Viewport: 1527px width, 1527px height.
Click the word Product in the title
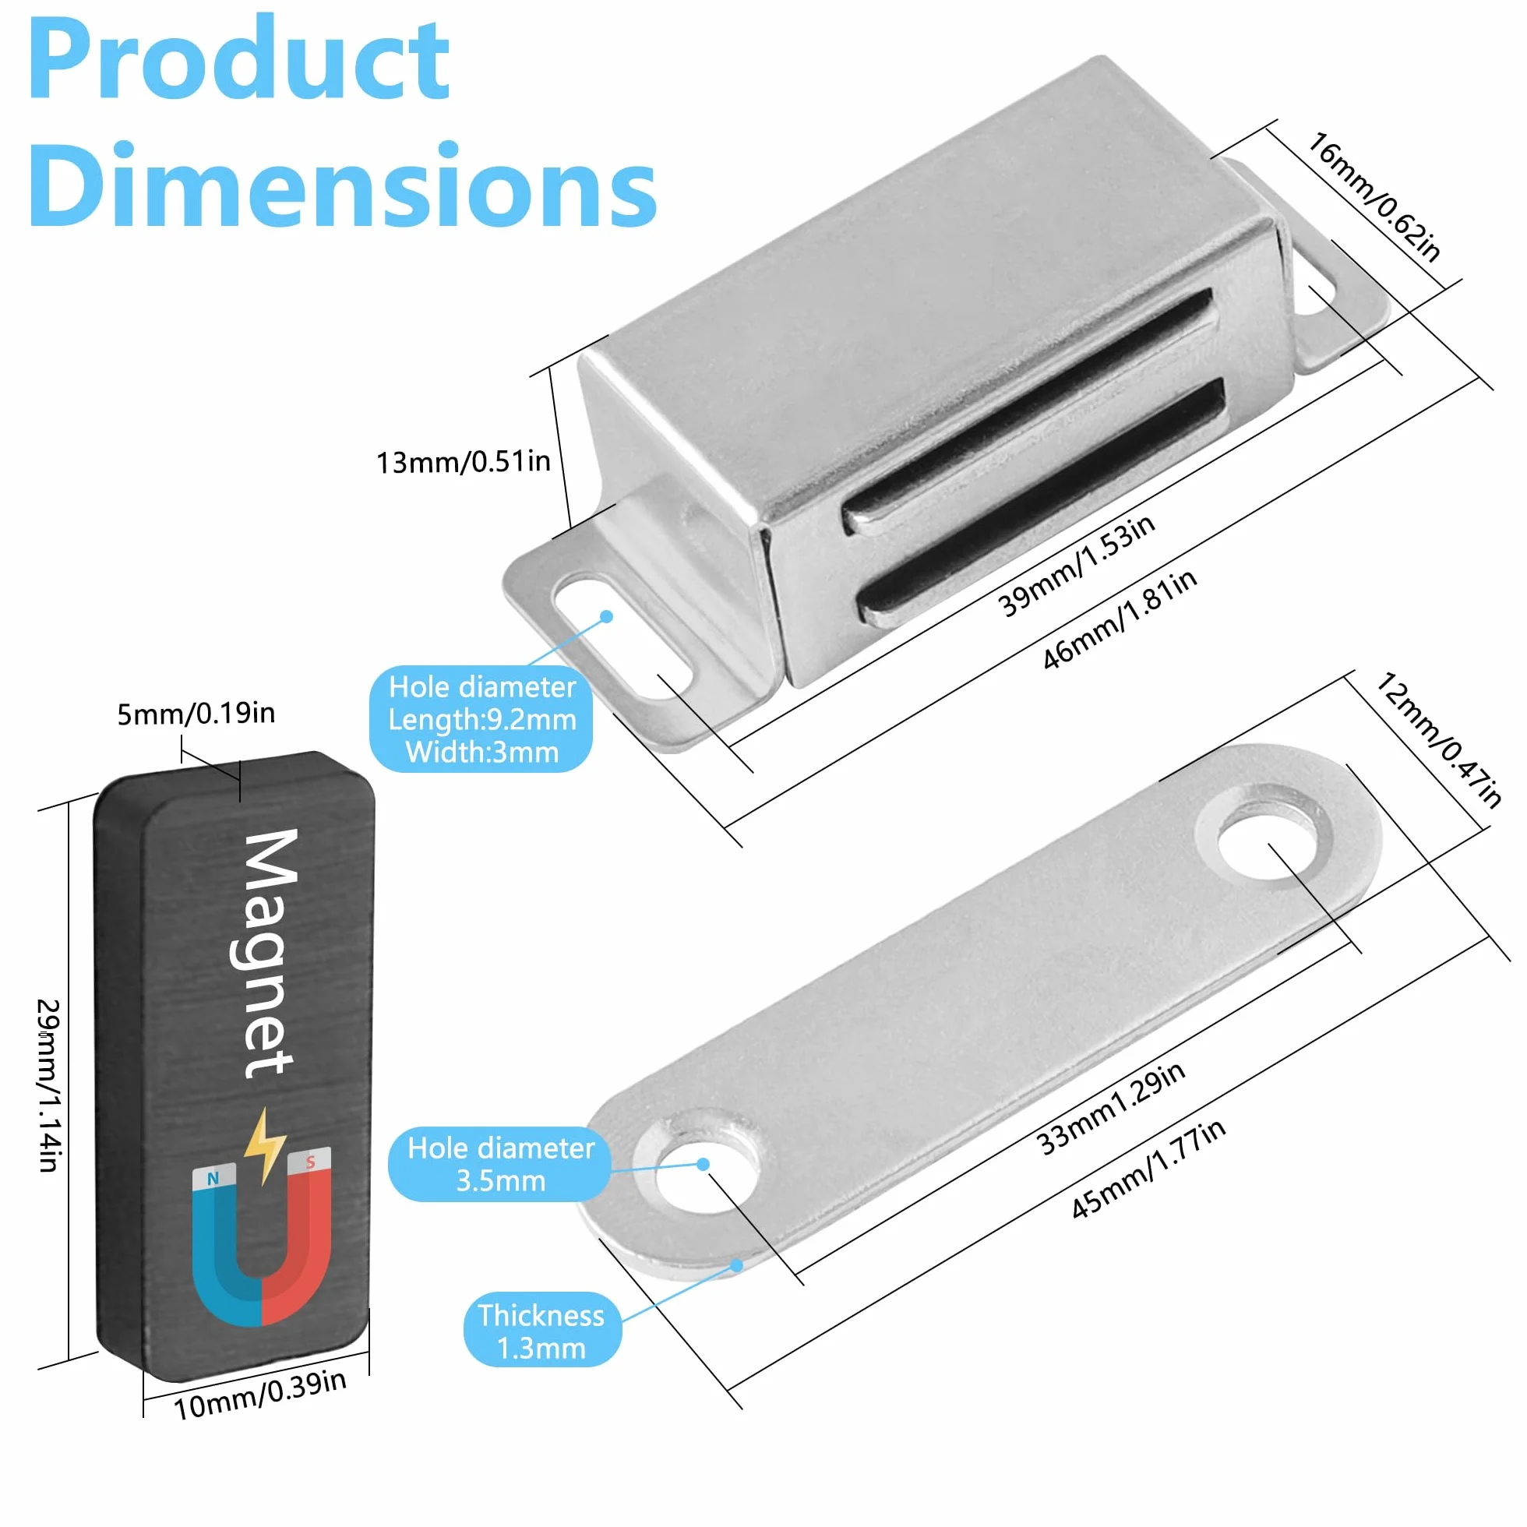pyautogui.click(x=238, y=60)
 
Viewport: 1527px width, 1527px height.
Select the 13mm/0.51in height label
pyautogui.click(x=463, y=461)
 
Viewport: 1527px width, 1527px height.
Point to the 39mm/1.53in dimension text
pyautogui.click(x=1077, y=565)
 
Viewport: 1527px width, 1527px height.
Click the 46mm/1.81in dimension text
pyautogui.click(x=1120, y=619)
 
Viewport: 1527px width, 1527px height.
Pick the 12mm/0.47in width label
pyautogui.click(x=1439, y=740)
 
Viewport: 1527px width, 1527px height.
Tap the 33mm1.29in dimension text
pyautogui.click(x=1110, y=1108)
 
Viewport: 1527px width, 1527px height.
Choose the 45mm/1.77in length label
pyautogui.click(x=1148, y=1168)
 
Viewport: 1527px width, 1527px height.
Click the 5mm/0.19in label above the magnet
pyautogui.click(x=196, y=714)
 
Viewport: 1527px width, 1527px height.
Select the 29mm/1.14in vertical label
pyautogui.click(x=49, y=1085)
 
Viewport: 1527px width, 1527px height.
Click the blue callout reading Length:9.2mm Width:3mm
pyautogui.click(x=481, y=718)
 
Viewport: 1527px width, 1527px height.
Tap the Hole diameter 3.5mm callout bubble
pyautogui.click(x=500, y=1164)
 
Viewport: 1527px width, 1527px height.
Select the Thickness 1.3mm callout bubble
pyautogui.click(x=542, y=1331)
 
